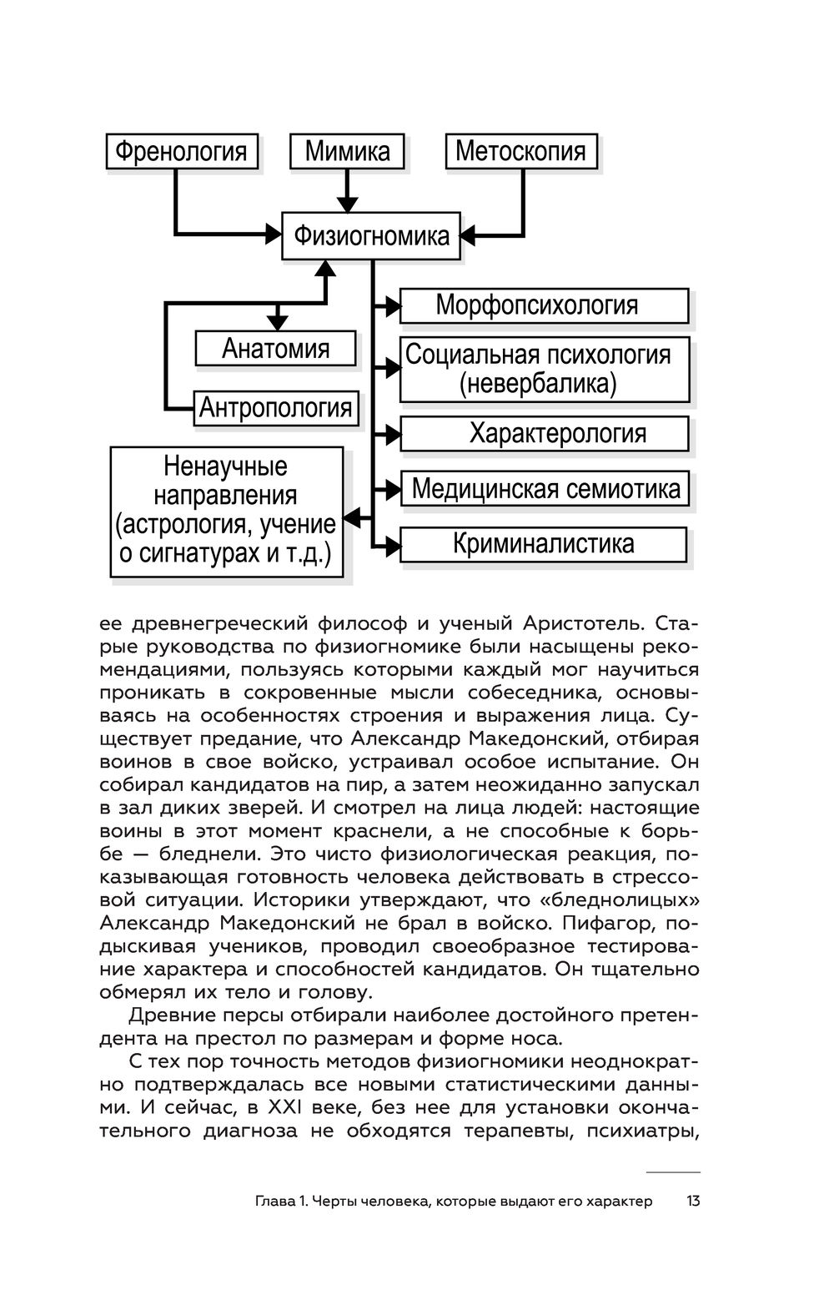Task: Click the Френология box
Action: pos(181,151)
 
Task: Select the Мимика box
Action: pos(347,151)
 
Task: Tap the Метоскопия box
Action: pos(521,151)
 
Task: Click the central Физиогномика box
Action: pos(371,235)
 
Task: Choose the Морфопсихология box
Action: pos(544,305)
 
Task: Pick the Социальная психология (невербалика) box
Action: pos(544,369)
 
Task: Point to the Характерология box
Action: pos(544,434)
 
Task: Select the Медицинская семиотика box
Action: pos(544,489)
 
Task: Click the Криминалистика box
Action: pos(544,544)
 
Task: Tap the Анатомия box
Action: pos(275,348)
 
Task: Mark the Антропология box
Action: pos(275,408)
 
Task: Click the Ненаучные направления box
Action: pos(227,511)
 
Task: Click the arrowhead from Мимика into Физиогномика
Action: pos(348,204)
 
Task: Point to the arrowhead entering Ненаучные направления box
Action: pos(354,518)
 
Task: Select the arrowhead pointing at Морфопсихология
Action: pos(392,306)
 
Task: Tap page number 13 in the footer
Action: pos(692,1202)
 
